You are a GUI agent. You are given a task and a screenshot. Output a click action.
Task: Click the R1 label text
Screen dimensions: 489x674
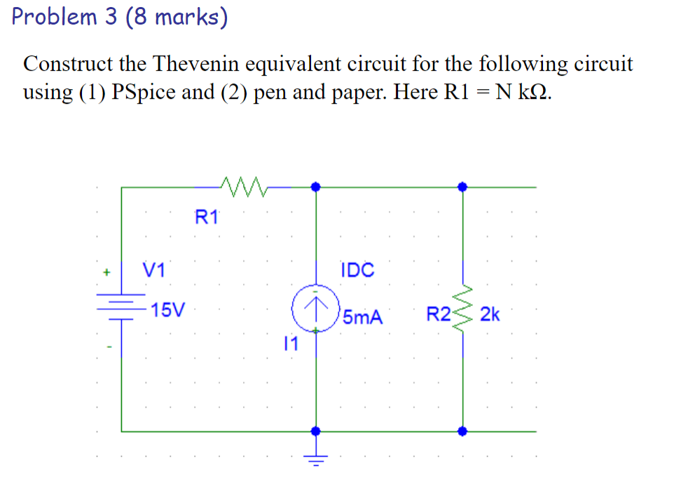point(207,217)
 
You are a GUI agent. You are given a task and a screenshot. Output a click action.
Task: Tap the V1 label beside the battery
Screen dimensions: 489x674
point(153,269)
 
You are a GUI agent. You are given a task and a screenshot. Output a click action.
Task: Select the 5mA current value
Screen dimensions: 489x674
point(363,317)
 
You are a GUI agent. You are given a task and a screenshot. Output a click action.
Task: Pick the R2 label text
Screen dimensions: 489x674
point(439,314)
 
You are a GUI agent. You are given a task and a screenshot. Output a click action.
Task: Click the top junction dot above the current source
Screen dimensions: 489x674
point(316,187)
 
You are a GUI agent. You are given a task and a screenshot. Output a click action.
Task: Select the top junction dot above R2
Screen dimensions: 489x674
point(462,187)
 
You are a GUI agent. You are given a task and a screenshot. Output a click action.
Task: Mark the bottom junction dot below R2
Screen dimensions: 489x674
point(462,431)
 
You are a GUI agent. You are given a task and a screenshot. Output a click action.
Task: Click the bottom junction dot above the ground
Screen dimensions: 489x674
point(316,431)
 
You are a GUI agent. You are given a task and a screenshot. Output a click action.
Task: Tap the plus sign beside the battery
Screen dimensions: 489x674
point(107,269)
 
